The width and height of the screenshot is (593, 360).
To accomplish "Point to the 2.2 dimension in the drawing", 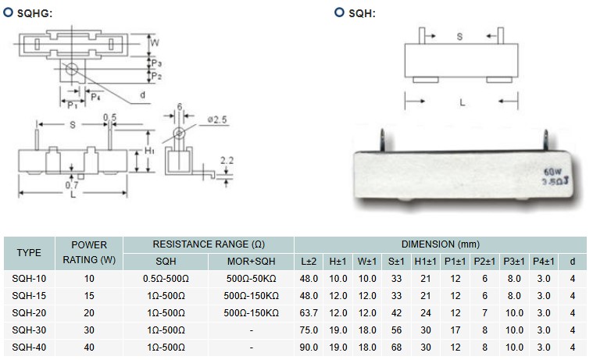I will tap(227, 160).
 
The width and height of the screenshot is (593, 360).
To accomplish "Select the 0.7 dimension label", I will tap(71, 186).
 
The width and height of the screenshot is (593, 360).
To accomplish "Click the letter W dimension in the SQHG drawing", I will tap(155, 42).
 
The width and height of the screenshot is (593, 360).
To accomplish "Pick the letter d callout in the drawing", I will tap(143, 94).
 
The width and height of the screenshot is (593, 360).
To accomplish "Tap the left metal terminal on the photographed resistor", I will tap(380, 139).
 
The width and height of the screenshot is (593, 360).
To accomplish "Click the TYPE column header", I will tap(29, 252).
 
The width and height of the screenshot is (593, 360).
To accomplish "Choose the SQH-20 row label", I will tap(30, 312).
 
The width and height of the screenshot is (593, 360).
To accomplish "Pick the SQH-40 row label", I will tap(30, 347).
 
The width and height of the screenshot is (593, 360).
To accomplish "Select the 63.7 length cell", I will tap(310, 312).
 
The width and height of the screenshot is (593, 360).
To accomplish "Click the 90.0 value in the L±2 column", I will tap(310, 347).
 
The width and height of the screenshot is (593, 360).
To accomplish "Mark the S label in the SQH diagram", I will tap(459, 36).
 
